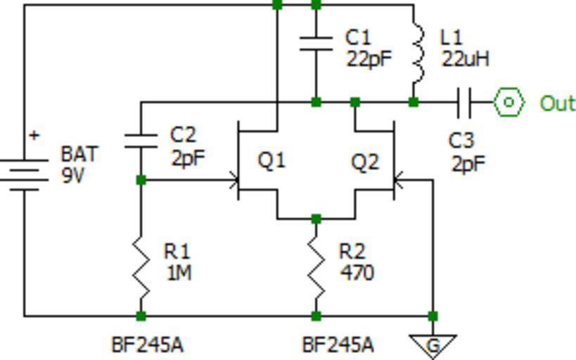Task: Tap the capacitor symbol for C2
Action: [141, 140]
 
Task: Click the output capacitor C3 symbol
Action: [463, 103]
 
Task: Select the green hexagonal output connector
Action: [508, 103]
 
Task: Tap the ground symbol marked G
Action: [433, 345]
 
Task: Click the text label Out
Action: [557, 103]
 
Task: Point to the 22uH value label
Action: [465, 58]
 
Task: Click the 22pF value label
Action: [368, 58]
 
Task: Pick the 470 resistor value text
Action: [356, 272]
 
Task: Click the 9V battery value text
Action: [72, 175]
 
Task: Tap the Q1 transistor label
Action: [271, 160]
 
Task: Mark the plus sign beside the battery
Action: [33, 135]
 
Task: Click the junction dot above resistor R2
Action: [316, 219]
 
